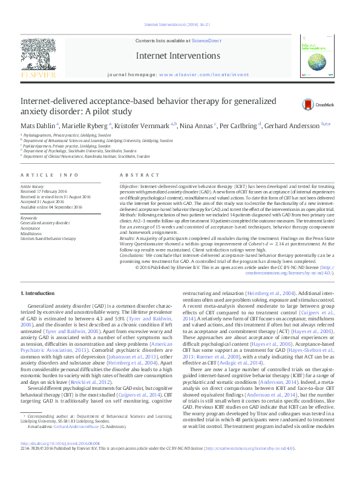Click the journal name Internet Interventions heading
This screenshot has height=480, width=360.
pos(180,56)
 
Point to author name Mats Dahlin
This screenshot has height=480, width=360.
pos(37,125)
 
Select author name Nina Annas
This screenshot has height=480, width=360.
pos(196,125)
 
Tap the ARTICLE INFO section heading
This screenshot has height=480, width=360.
pos(50,175)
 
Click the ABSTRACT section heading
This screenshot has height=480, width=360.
pos(133,175)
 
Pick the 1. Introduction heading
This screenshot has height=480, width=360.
pos(38,293)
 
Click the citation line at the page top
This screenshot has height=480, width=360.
pos(180,25)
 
